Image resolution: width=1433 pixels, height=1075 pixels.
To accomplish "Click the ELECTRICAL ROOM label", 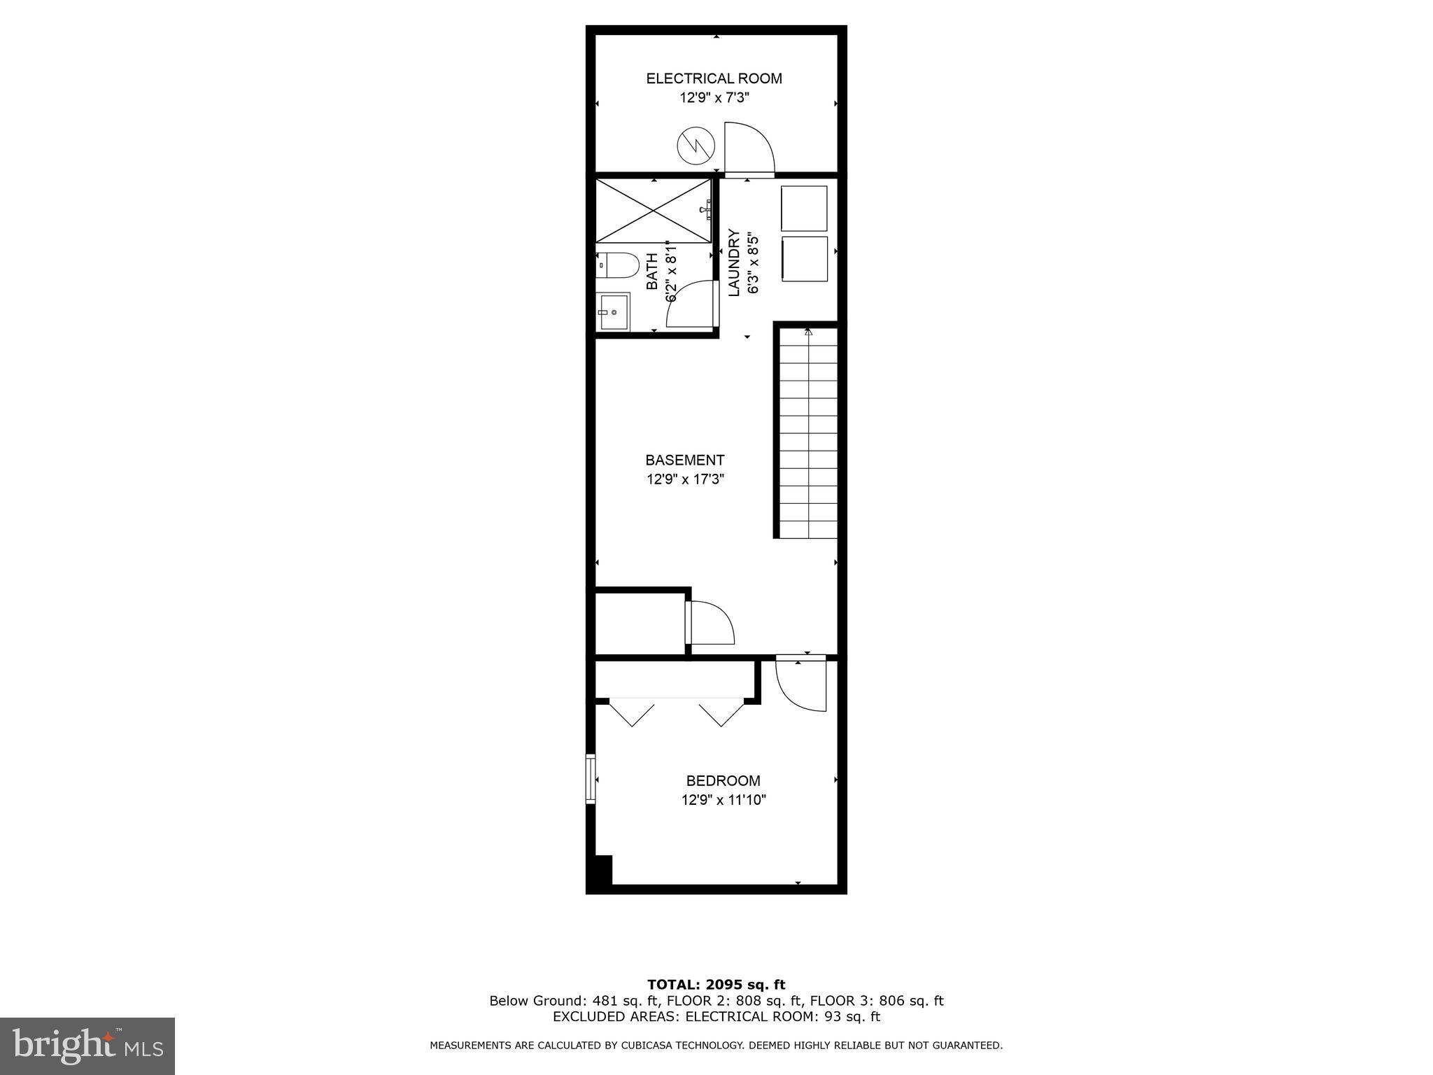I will point(714,78).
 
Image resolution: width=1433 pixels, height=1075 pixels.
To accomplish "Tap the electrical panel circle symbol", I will point(696,146).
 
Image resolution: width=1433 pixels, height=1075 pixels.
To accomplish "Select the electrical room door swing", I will point(748,150).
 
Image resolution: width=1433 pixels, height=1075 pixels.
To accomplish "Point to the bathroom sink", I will point(614,311).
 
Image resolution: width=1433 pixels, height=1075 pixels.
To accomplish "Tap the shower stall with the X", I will point(653,211).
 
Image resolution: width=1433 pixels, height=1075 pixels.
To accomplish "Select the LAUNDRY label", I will point(734,262).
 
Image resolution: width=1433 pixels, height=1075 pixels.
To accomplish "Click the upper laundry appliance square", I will point(804,208).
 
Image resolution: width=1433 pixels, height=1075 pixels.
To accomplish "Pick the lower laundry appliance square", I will point(804,260).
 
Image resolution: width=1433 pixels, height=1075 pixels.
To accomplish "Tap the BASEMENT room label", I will point(684,461).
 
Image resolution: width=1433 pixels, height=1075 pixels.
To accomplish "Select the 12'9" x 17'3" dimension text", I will point(684,480).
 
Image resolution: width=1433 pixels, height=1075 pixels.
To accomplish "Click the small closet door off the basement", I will point(710,622).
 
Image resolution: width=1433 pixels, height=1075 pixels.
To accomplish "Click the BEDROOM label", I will point(723,781).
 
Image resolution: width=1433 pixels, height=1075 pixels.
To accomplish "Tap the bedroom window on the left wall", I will point(591,778).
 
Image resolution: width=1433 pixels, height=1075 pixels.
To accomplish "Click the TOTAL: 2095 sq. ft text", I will point(716,985).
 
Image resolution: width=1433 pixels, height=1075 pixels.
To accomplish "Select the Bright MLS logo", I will point(87,1046).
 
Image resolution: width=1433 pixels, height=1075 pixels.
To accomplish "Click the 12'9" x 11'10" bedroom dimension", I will point(723,800).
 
